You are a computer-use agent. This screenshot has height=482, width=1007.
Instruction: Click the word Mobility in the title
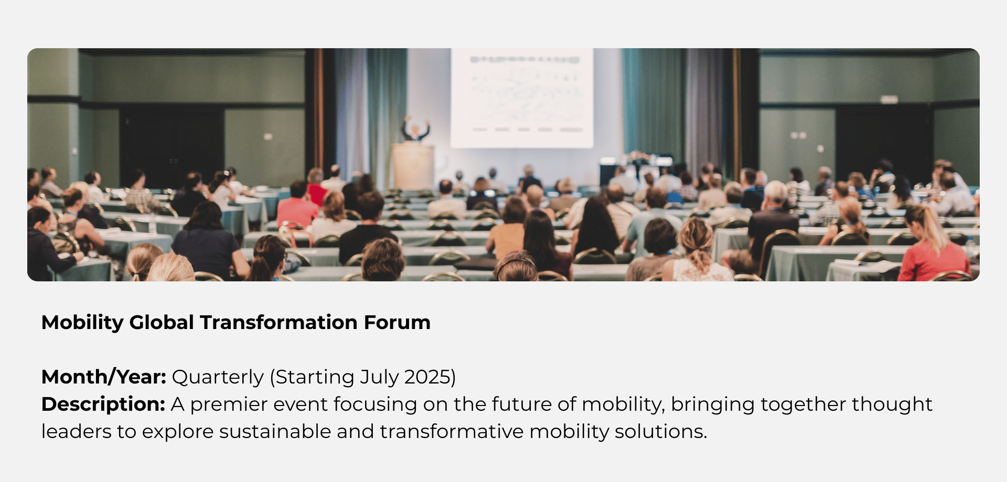pos(82,323)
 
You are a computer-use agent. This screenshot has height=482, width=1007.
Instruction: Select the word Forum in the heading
pos(397,322)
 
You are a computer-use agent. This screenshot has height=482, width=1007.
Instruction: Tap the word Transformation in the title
pos(278,322)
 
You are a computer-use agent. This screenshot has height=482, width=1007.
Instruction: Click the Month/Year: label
pos(104,377)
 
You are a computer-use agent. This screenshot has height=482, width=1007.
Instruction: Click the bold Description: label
pos(103,404)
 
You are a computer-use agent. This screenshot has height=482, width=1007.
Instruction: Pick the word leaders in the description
pos(76,431)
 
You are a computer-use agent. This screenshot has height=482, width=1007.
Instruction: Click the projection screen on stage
pos(522,98)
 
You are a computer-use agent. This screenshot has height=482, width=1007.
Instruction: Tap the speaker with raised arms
pos(416,129)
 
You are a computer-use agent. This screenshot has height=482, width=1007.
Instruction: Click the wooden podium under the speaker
pos(413,167)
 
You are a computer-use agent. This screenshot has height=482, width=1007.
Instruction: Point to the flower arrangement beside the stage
pos(637,157)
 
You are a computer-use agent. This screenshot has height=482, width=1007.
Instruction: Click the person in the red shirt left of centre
pos(297,205)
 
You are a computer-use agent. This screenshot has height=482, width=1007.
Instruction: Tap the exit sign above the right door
pos(889,99)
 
